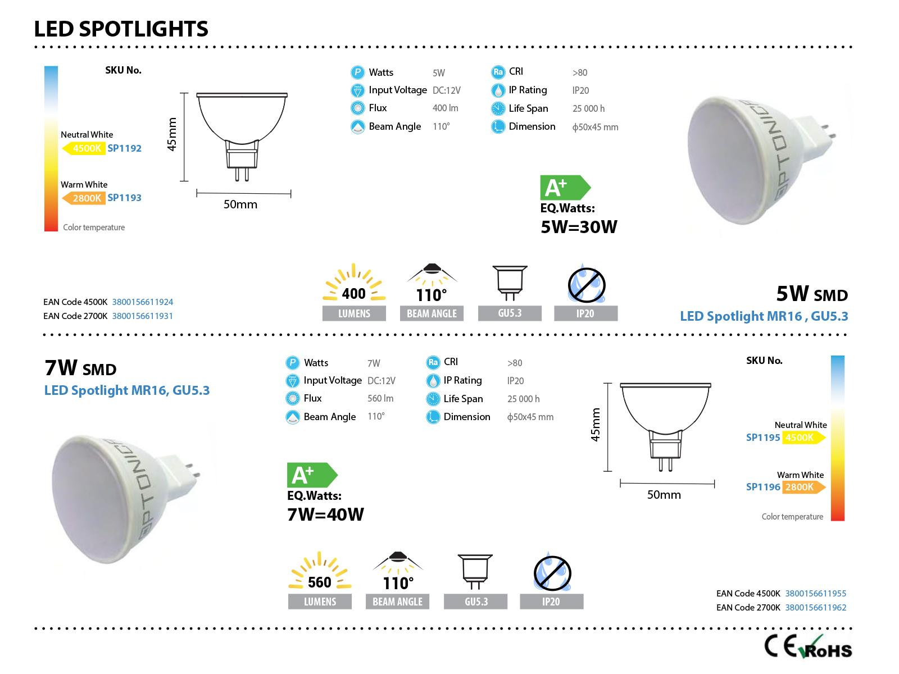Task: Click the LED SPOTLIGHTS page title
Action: coord(121,29)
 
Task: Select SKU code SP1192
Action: coord(124,148)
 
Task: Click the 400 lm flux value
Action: coord(445,108)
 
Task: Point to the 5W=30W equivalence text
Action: coord(578,226)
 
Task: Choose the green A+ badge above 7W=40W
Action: coord(312,474)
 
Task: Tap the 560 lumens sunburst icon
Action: coord(319,571)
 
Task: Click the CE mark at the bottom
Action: coord(780,646)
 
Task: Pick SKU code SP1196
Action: coord(762,486)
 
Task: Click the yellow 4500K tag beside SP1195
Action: coord(803,437)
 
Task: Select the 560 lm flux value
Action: coord(380,398)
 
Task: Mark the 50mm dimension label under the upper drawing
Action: coord(240,204)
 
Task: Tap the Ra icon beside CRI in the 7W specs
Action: coord(433,362)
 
